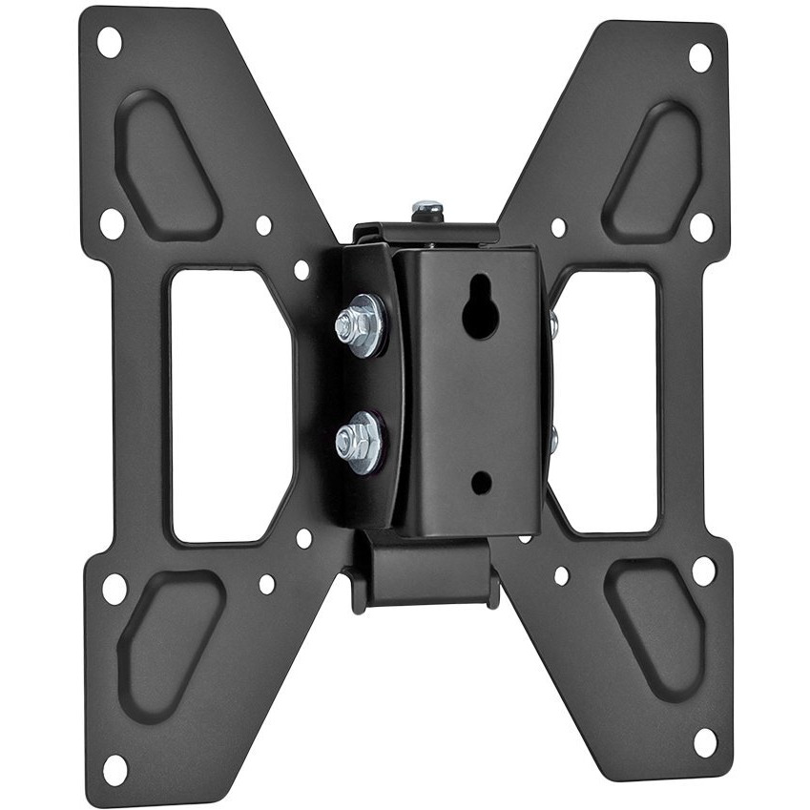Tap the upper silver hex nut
click(x=359, y=323)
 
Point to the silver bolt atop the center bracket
click(x=426, y=208)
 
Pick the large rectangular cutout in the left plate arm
click(x=229, y=406)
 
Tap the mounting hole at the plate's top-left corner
click(x=109, y=41)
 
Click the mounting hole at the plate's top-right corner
click(x=699, y=57)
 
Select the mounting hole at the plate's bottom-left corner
click(x=114, y=767)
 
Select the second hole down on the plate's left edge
click(x=112, y=223)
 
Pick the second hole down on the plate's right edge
click(x=701, y=227)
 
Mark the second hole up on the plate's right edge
click(x=703, y=571)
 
